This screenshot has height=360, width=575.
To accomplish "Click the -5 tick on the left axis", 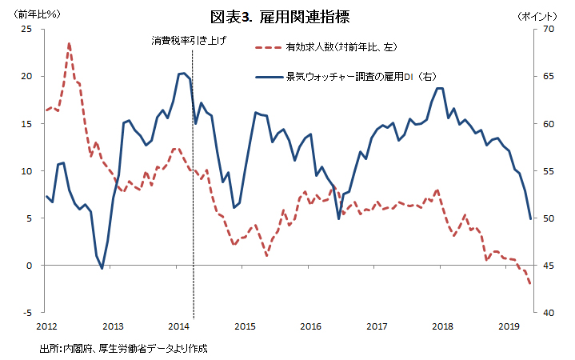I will pyautogui.click(x=29, y=313).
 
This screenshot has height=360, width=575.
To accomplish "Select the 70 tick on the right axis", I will pyautogui.click(x=549, y=30).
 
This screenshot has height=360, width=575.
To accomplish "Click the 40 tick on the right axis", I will pyautogui.click(x=549, y=313).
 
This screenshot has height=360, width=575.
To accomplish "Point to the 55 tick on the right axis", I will pyautogui.click(x=549, y=171).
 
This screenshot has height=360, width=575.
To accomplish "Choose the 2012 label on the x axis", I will pyautogui.click(x=46, y=326).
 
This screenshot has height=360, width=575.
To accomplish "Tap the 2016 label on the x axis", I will pyautogui.click(x=310, y=326).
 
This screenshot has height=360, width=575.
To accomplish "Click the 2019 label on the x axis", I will pyautogui.click(x=509, y=326).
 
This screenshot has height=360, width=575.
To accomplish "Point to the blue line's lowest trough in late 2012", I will pyautogui.click(x=102, y=268).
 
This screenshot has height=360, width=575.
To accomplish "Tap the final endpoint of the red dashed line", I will pyautogui.click(x=530, y=284).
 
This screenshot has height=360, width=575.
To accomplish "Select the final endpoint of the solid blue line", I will pyautogui.click(x=531, y=218).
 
